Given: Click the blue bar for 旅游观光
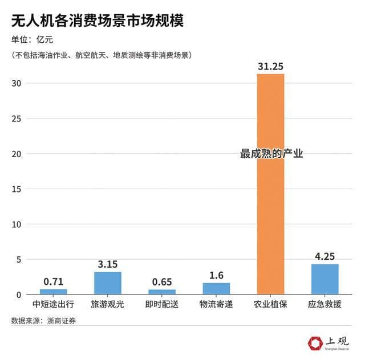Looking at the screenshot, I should [x=108, y=283].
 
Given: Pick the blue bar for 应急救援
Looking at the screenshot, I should [x=325, y=279].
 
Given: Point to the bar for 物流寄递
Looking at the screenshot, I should [x=216, y=288].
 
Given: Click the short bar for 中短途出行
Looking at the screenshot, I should [x=54, y=292].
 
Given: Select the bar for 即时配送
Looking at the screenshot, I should [x=162, y=292].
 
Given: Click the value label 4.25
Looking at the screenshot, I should [x=325, y=256].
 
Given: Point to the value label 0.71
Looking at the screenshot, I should [x=54, y=281].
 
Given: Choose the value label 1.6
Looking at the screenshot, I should [x=216, y=275].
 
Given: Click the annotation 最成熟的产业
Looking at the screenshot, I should [x=271, y=154].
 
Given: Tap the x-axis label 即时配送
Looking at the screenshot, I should [x=162, y=304].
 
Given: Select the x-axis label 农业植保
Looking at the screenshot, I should [x=270, y=304].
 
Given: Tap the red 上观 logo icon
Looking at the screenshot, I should [x=315, y=342].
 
